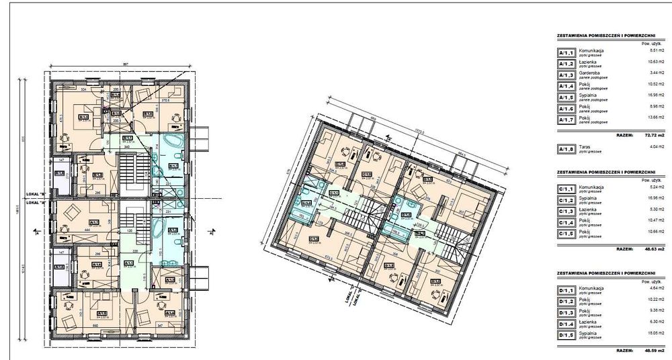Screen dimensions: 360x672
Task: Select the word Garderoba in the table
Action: click(589, 73)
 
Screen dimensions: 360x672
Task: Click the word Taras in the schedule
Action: click(585, 147)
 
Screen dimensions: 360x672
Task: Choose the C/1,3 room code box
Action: click(566, 210)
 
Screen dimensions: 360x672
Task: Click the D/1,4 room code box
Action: click(566, 324)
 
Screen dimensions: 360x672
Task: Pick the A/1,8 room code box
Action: click(566, 149)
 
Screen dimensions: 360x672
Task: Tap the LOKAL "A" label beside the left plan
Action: click(35, 201)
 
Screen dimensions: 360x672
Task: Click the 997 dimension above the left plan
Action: click(124, 64)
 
